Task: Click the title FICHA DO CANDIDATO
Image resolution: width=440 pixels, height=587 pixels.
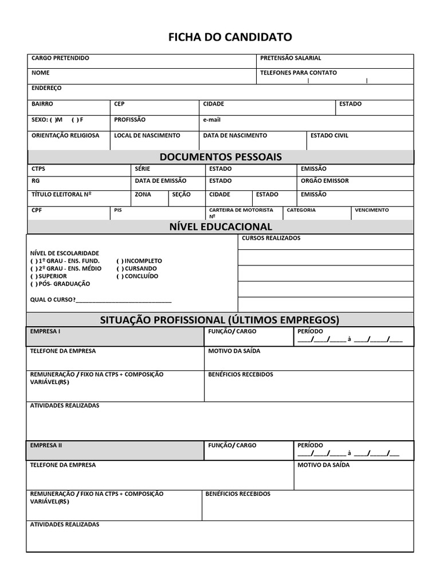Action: pyautogui.click(x=230, y=37)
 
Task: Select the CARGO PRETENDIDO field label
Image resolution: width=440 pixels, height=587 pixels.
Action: pyautogui.click(x=60, y=58)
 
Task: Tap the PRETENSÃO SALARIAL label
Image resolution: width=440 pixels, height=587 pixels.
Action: pyautogui.click(x=290, y=58)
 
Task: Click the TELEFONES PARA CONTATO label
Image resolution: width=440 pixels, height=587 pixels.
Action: pyautogui.click(x=298, y=73)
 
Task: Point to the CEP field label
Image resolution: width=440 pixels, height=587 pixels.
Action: pyautogui.click(x=119, y=104)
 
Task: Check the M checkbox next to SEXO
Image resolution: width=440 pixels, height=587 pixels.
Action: pyautogui.click(x=53, y=120)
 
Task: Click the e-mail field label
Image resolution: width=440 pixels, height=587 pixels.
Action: pyautogui.click(x=211, y=120)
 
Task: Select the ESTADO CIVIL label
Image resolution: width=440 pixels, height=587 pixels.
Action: pyautogui.click(x=329, y=136)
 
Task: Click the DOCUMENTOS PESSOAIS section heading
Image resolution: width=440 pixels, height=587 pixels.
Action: pyautogui.click(x=221, y=157)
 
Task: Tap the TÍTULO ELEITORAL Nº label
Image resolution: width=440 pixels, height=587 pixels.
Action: pyautogui.click(x=61, y=194)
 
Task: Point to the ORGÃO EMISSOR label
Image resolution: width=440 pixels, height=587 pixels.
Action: pyautogui.click(x=324, y=181)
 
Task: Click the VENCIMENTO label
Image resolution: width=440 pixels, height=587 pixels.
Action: pyautogui.click(x=371, y=210)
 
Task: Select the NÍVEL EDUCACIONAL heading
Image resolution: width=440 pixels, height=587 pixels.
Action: pyautogui.click(x=221, y=227)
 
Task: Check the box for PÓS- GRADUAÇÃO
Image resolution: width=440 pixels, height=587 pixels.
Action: pyautogui.click(x=34, y=284)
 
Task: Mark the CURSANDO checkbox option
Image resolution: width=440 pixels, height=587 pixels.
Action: pyautogui.click(x=120, y=268)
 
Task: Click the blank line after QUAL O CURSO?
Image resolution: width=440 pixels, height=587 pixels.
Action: pyautogui.click(x=123, y=300)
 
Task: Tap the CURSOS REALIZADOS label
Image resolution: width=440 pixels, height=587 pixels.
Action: pyautogui.click(x=271, y=238)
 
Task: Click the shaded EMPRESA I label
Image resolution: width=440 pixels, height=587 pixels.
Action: pyautogui.click(x=45, y=331)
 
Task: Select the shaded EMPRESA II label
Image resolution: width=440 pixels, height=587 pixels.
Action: pyautogui.click(x=46, y=445)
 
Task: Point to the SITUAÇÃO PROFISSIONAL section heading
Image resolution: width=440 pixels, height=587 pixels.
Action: pyautogui.click(x=220, y=319)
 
